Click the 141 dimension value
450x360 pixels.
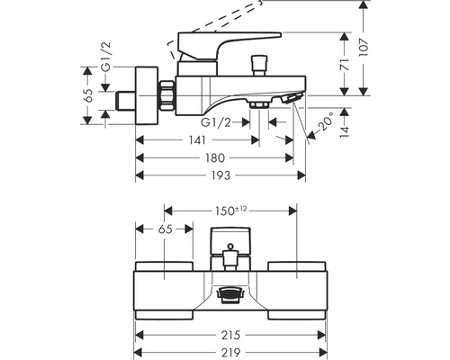197,140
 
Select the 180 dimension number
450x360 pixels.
215,157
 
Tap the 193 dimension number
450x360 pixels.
220,175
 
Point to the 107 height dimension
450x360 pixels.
364,47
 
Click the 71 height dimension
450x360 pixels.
345,65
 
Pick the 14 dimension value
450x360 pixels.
345,131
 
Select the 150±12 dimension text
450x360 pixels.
230,211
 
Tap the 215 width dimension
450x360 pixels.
230,335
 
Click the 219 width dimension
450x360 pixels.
230,352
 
